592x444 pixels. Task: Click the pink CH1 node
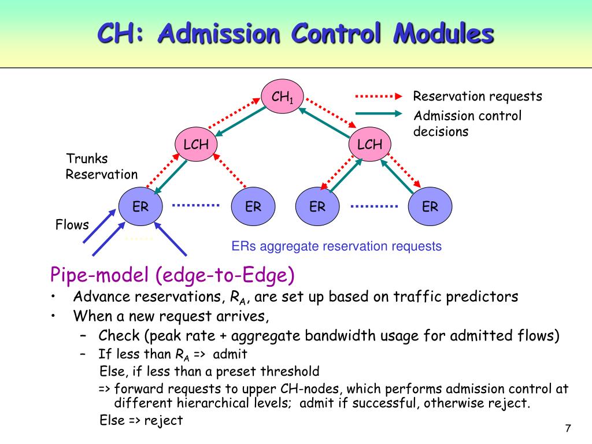(282, 97)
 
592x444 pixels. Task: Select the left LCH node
(197, 144)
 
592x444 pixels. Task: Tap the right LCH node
(369, 144)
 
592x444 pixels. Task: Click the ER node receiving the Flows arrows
(140, 206)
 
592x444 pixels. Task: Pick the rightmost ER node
(430, 206)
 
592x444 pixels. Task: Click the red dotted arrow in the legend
(379, 97)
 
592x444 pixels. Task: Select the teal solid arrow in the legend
(379, 114)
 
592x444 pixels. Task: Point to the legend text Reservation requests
(478, 97)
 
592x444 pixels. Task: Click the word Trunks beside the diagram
(87, 158)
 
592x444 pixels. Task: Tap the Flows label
(72, 225)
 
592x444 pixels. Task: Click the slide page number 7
(568, 428)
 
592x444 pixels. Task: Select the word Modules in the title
(443, 33)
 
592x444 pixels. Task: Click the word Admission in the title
(219, 33)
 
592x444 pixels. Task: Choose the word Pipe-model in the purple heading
(99, 275)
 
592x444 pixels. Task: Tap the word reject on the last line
(164, 421)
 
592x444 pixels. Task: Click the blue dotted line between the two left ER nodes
(195, 205)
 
